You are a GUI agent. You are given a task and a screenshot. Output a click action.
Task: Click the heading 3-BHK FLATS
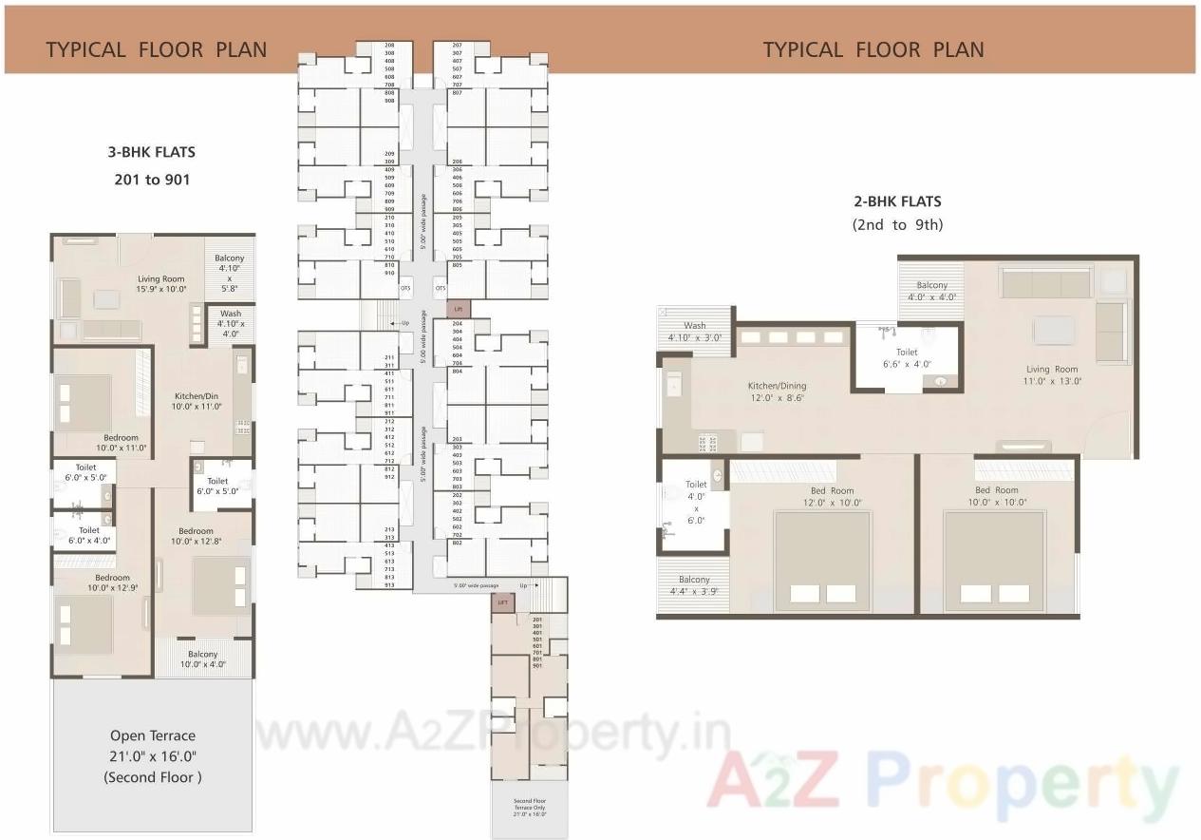152,152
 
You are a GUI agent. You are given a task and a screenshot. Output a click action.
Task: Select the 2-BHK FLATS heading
896,201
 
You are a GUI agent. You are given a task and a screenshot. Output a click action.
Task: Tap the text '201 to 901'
152,179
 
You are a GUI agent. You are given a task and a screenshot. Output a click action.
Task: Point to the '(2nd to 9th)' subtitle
896,225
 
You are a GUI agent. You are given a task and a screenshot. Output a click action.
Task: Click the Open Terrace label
152,735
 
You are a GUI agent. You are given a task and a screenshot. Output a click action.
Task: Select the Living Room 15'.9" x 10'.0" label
160,283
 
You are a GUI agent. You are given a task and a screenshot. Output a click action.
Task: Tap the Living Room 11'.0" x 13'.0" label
1051,374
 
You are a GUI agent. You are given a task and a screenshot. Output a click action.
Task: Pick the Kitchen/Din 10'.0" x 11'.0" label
197,401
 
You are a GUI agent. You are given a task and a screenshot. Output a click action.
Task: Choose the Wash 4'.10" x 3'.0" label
695,332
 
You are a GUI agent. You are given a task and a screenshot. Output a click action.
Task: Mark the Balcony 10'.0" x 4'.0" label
202,659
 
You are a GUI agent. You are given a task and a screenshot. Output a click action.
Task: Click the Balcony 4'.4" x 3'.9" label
694,585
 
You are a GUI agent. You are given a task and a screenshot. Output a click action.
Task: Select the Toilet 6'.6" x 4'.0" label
907,357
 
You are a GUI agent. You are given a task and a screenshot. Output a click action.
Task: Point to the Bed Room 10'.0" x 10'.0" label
997,496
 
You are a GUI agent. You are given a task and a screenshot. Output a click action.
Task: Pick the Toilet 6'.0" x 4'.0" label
89,535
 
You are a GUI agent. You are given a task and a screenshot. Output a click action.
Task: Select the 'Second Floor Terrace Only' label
530,807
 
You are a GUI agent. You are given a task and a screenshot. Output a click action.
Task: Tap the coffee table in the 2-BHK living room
1053,330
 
